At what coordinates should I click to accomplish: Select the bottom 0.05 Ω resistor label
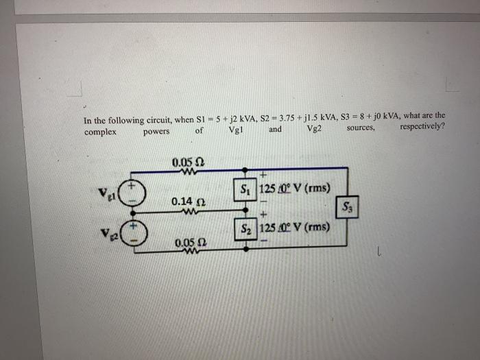point(189,243)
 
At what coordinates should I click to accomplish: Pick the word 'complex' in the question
point(100,131)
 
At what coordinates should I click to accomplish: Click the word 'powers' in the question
point(156,131)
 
